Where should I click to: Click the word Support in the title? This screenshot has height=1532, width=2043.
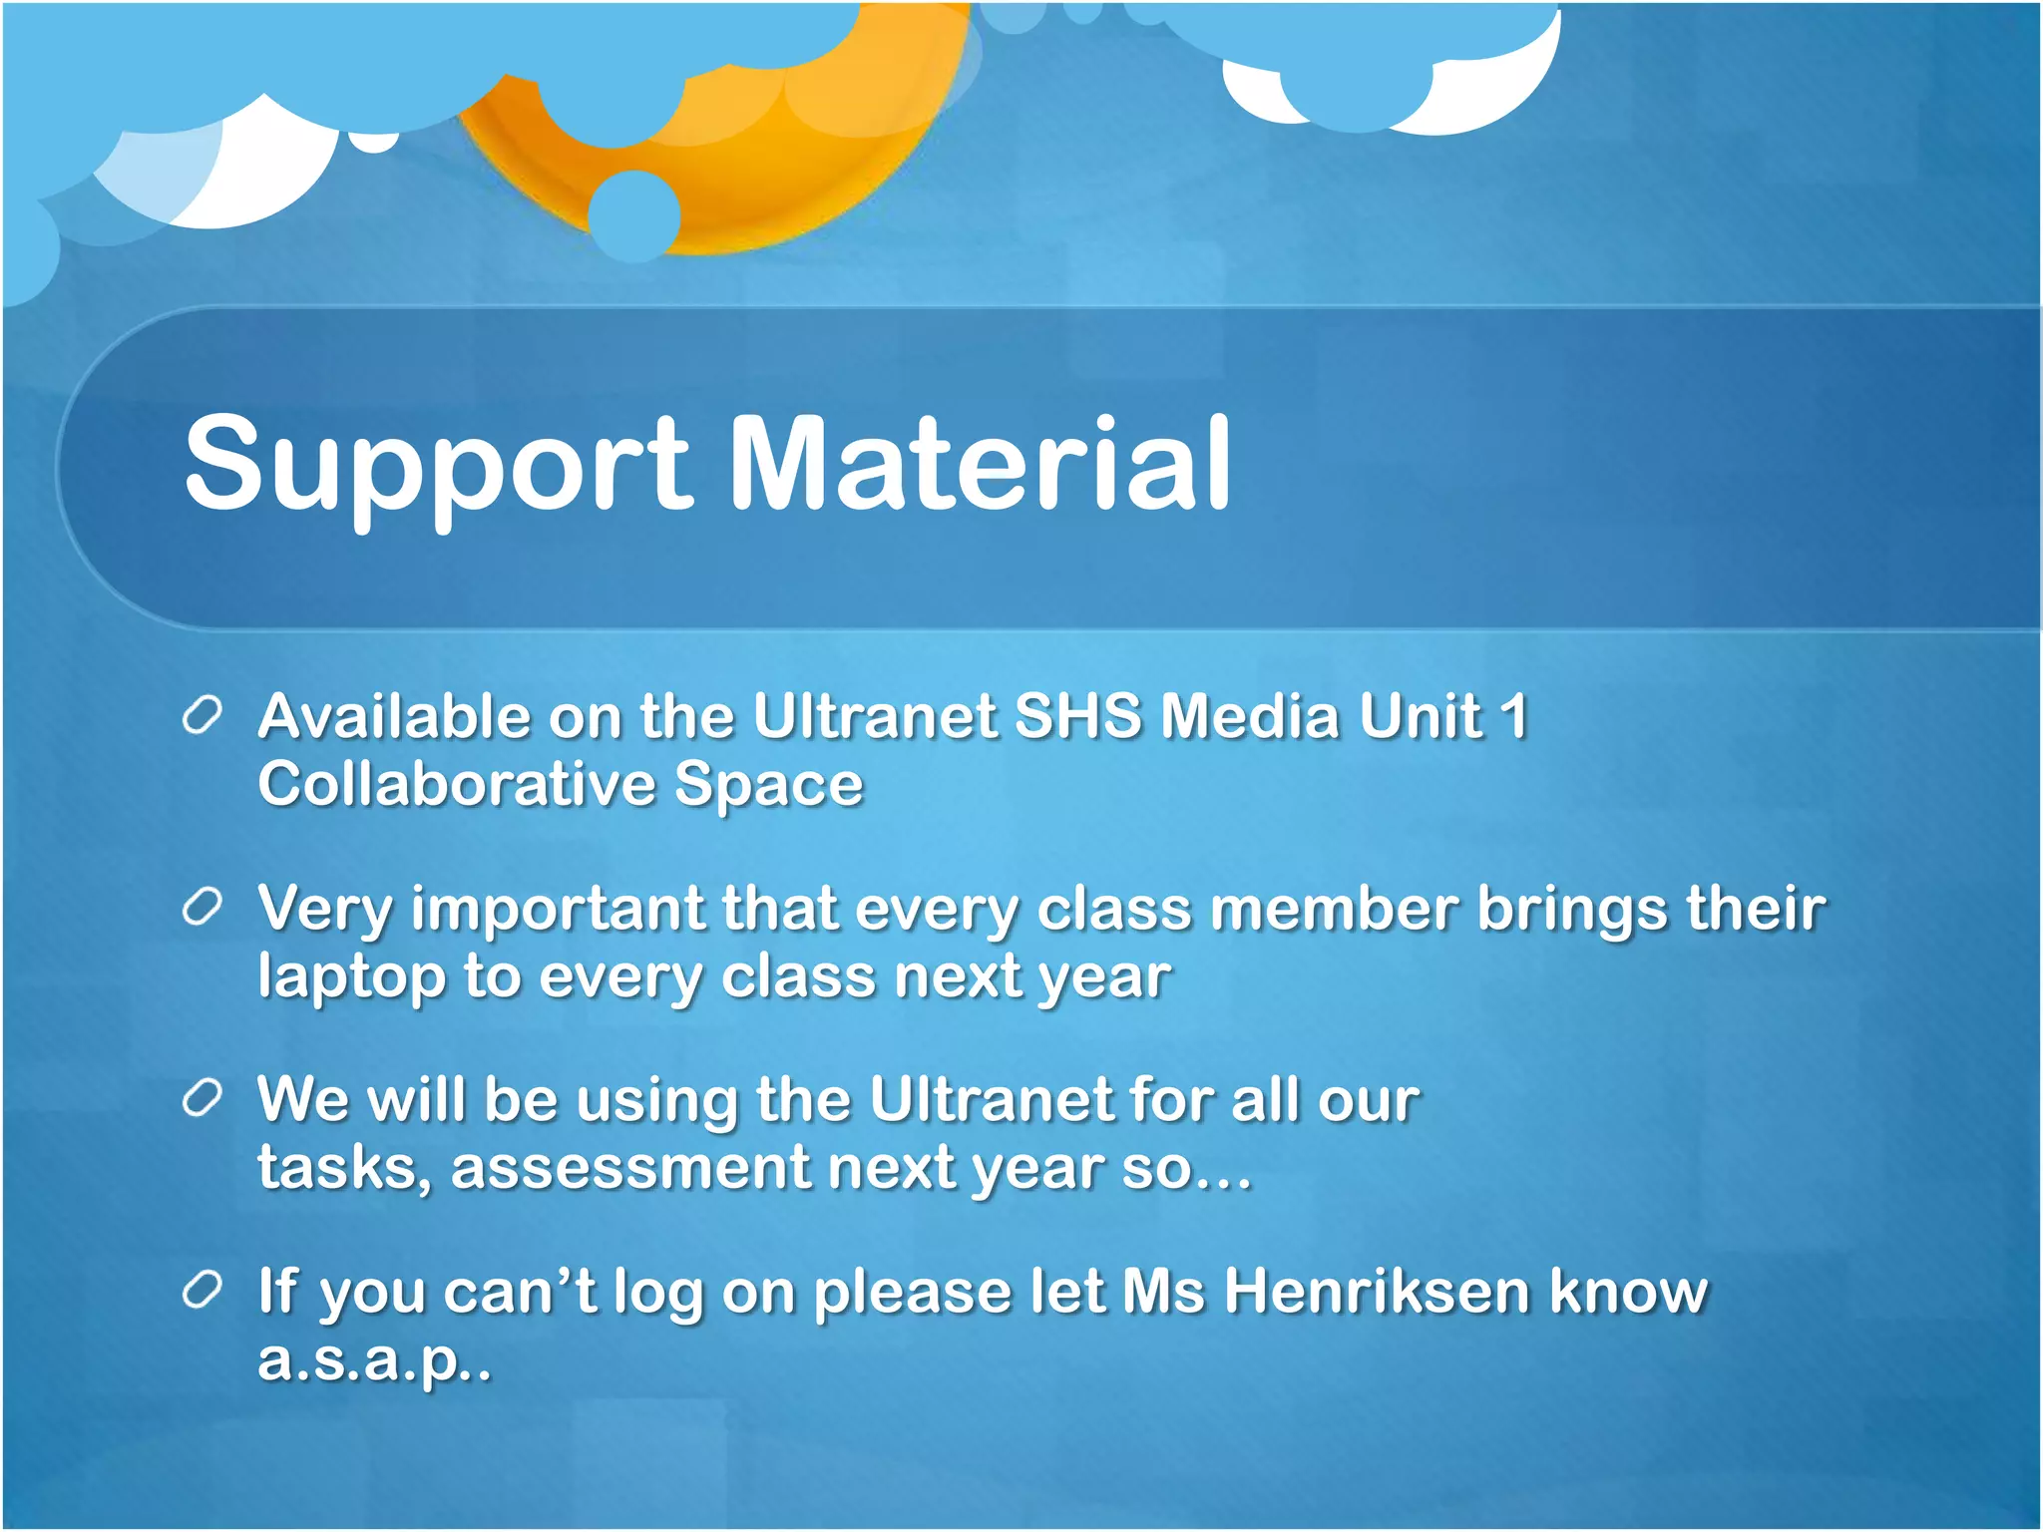click(437, 465)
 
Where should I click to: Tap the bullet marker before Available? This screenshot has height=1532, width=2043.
click(202, 716)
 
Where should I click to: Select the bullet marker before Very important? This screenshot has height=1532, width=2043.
click(202, 908)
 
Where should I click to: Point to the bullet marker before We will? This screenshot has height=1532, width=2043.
click(202, 1099)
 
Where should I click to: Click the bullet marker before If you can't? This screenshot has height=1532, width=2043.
click(202, 1291)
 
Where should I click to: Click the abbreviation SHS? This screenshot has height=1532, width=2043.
click(1077, 716)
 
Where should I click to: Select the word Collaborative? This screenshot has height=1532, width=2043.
click(457, 784)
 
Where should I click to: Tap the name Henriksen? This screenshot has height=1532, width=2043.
click(1377, 1291)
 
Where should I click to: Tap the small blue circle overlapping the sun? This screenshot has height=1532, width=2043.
click(633, 214)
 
